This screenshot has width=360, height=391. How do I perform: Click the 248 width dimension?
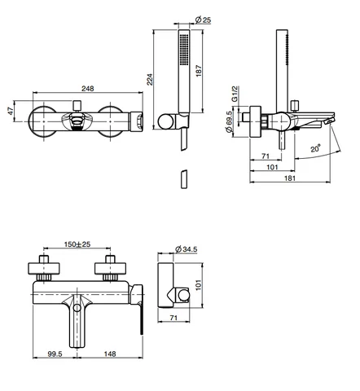click(x=88, y=89)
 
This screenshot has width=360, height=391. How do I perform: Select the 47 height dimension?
click(x=10, y=111)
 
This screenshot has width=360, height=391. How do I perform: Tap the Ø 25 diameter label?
click(x=203, y=20)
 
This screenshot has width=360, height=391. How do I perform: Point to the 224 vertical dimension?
click(x=150, y=79)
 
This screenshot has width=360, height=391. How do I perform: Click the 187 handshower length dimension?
click(x=199, y=71)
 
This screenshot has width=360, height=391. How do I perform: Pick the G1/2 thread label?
click(x=235, y=94)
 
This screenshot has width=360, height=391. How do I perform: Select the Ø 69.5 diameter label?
click(x=229, y=121)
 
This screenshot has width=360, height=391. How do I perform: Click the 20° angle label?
click(x=315, y=149)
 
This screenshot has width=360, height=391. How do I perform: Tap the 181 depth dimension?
click(x=290, y=178)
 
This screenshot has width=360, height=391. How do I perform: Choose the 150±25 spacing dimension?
click(x=77, y=244)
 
